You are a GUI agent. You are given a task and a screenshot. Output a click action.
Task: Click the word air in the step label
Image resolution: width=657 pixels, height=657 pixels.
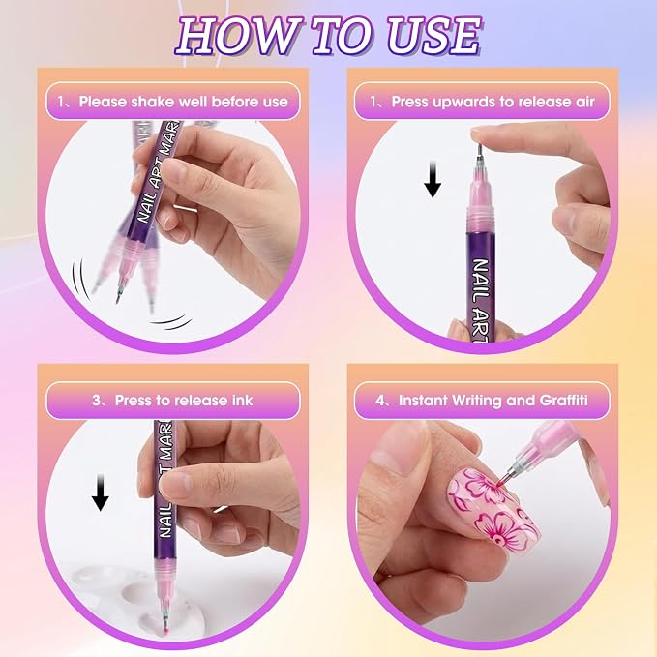[x=584, y=102]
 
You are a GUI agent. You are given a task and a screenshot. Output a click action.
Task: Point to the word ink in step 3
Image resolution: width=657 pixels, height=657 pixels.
[x=243, y=401]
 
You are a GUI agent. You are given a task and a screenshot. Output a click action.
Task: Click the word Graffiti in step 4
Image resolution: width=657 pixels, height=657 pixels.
[x=563, y=401]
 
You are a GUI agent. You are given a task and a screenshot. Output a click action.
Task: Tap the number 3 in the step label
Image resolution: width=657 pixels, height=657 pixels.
[x=97, y=401]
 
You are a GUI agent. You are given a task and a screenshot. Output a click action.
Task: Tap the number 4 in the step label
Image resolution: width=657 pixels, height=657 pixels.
[x=379, y=401]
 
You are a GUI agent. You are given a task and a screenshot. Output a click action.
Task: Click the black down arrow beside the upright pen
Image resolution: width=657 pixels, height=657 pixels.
[x=432, y=179]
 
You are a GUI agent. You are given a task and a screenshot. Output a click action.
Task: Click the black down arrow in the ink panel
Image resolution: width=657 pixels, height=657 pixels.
[x=100, y=492]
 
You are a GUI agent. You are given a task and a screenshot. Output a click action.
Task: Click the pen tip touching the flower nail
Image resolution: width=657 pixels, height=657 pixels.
[x=502, y=482]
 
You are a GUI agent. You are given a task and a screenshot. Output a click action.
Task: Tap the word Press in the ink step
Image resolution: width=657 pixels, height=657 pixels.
[x=134, y=401]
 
